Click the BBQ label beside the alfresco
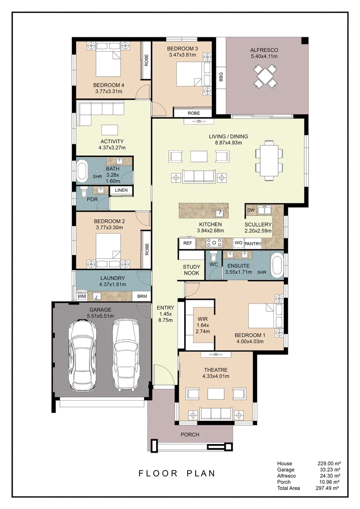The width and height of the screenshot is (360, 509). pos(221,76)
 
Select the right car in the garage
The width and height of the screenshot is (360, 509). pos(126,355)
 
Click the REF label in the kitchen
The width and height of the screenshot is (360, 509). pos(187,243)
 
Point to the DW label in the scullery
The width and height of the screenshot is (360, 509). pos(251,210)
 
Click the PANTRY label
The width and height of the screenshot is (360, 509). pos(253,244)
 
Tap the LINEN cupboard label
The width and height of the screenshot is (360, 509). pos(121,190)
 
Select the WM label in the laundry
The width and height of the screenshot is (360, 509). pos(82,296)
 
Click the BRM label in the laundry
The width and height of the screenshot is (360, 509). pos(141,296)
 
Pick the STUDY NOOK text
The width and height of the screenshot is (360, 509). pos(191,270)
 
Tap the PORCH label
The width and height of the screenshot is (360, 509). pos(190,435)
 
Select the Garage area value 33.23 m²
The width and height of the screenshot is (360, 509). pos(329,470)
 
